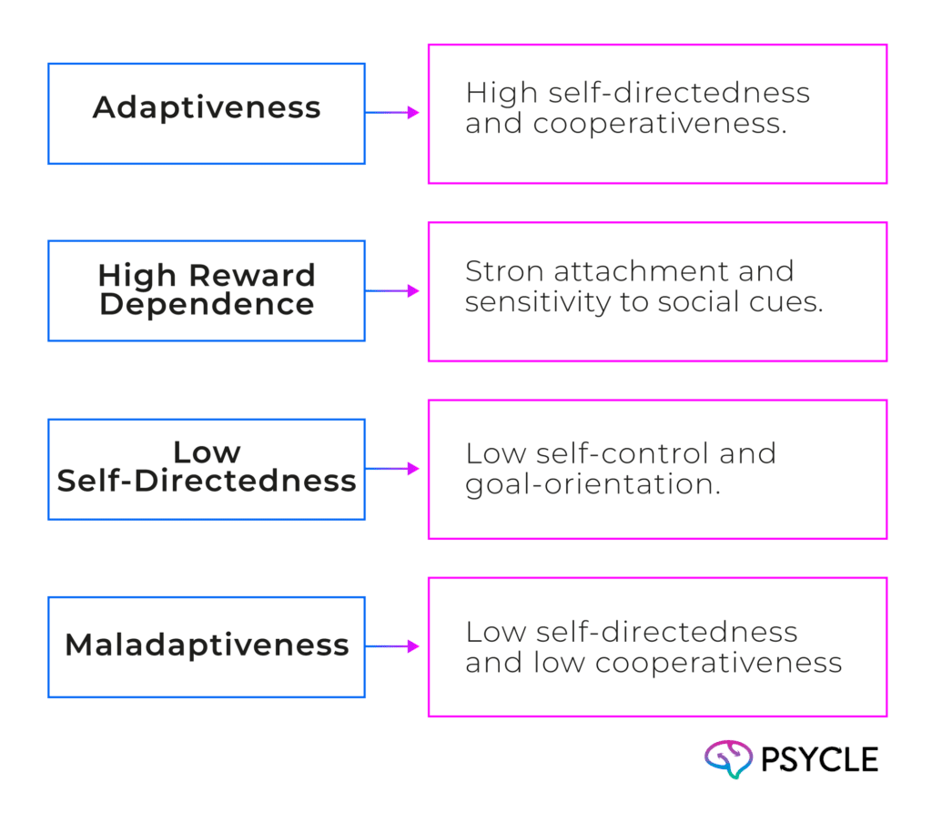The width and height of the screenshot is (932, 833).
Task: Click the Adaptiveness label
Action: click(x=207, y=107)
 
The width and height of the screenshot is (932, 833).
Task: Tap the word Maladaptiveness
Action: click(x=207, y=645)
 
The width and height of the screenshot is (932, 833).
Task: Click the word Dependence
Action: click(x=207, y=304)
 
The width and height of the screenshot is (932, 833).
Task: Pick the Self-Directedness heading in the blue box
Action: click(x=207, y=481)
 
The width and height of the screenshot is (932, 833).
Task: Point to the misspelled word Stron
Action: click(x=497, y=271)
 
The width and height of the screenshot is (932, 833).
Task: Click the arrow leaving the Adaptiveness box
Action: click(x=394, y=113)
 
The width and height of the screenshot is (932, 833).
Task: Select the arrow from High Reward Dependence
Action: click(x=394, y=291)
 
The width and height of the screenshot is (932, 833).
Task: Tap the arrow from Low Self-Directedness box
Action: click(x=394, y=470)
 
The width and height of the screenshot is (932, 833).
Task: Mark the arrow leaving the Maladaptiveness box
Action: click(x=394, y=647)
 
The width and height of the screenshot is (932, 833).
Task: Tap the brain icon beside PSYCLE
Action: click(x=728, y=759)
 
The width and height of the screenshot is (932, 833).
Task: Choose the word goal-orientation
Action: click(x=593, y=484)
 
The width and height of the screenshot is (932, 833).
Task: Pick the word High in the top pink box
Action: click(x=496, y=93)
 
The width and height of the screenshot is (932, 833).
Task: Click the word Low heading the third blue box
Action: click(x=207, y=452)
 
